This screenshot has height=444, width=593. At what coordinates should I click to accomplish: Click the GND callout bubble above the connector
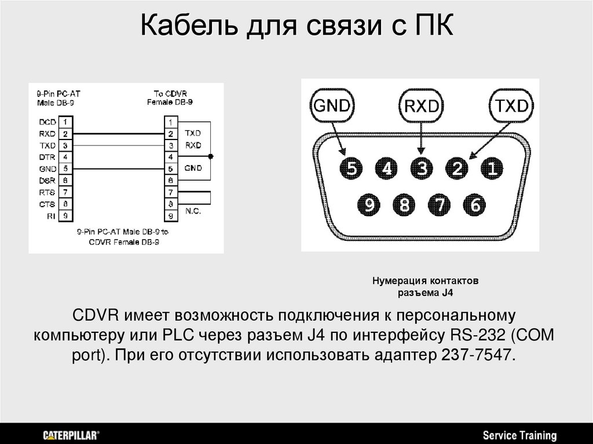click(x=332, y=105)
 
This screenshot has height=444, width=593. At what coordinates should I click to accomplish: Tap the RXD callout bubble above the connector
click(x=421, y=106)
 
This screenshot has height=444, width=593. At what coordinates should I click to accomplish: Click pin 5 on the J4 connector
click(x=351, y=169)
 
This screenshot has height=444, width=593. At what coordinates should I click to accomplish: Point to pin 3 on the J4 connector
click(x=422, y=169)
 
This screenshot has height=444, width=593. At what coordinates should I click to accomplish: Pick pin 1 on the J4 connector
click(x=492, y=169)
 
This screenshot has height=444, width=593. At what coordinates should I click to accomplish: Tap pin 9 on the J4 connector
click(x=369, y=204)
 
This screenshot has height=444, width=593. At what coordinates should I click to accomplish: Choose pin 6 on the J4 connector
click(x=475, y=204)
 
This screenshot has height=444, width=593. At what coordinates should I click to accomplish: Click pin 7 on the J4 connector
click(x=440, y=204)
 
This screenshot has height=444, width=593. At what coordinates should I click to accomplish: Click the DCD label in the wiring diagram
click(x=47, y=122)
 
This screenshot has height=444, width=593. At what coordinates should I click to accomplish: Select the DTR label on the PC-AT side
click(x=47, y=157)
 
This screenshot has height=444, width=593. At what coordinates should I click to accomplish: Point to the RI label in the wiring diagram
click(x=52, y=215)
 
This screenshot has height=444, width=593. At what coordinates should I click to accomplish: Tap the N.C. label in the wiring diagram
click(x=193, y=211)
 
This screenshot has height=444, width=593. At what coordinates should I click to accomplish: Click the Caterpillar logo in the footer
click(x=71, y=434)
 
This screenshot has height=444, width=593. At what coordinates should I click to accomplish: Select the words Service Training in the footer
click(x=519, y=435)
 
